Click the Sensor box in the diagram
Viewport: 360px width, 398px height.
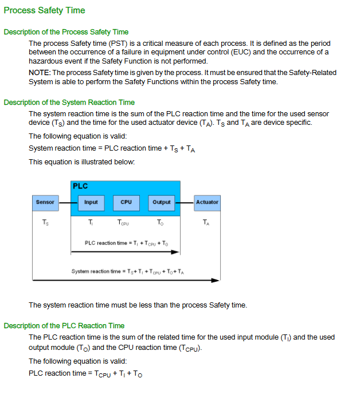tap(45, 202)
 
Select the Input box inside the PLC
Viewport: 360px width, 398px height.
tap(91, 202)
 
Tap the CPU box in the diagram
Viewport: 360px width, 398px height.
tap(126, 202)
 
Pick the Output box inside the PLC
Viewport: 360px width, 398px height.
tap(162, 202)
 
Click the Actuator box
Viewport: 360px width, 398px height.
tap(207, 202)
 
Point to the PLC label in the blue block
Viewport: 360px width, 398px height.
tap(80, 186)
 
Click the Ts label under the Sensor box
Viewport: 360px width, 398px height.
tap(45, 222)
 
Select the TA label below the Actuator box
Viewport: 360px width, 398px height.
tap(206, 222)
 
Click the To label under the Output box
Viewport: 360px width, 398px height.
tap(161, 222)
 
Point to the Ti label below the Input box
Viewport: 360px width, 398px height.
tap(91, 222)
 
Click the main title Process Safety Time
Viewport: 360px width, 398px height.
tap(44, 10)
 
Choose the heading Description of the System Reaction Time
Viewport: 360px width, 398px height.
tap(69, 103)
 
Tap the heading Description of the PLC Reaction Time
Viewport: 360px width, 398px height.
tap(64, 326)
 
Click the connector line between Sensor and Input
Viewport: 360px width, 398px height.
tap(69, 202)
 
